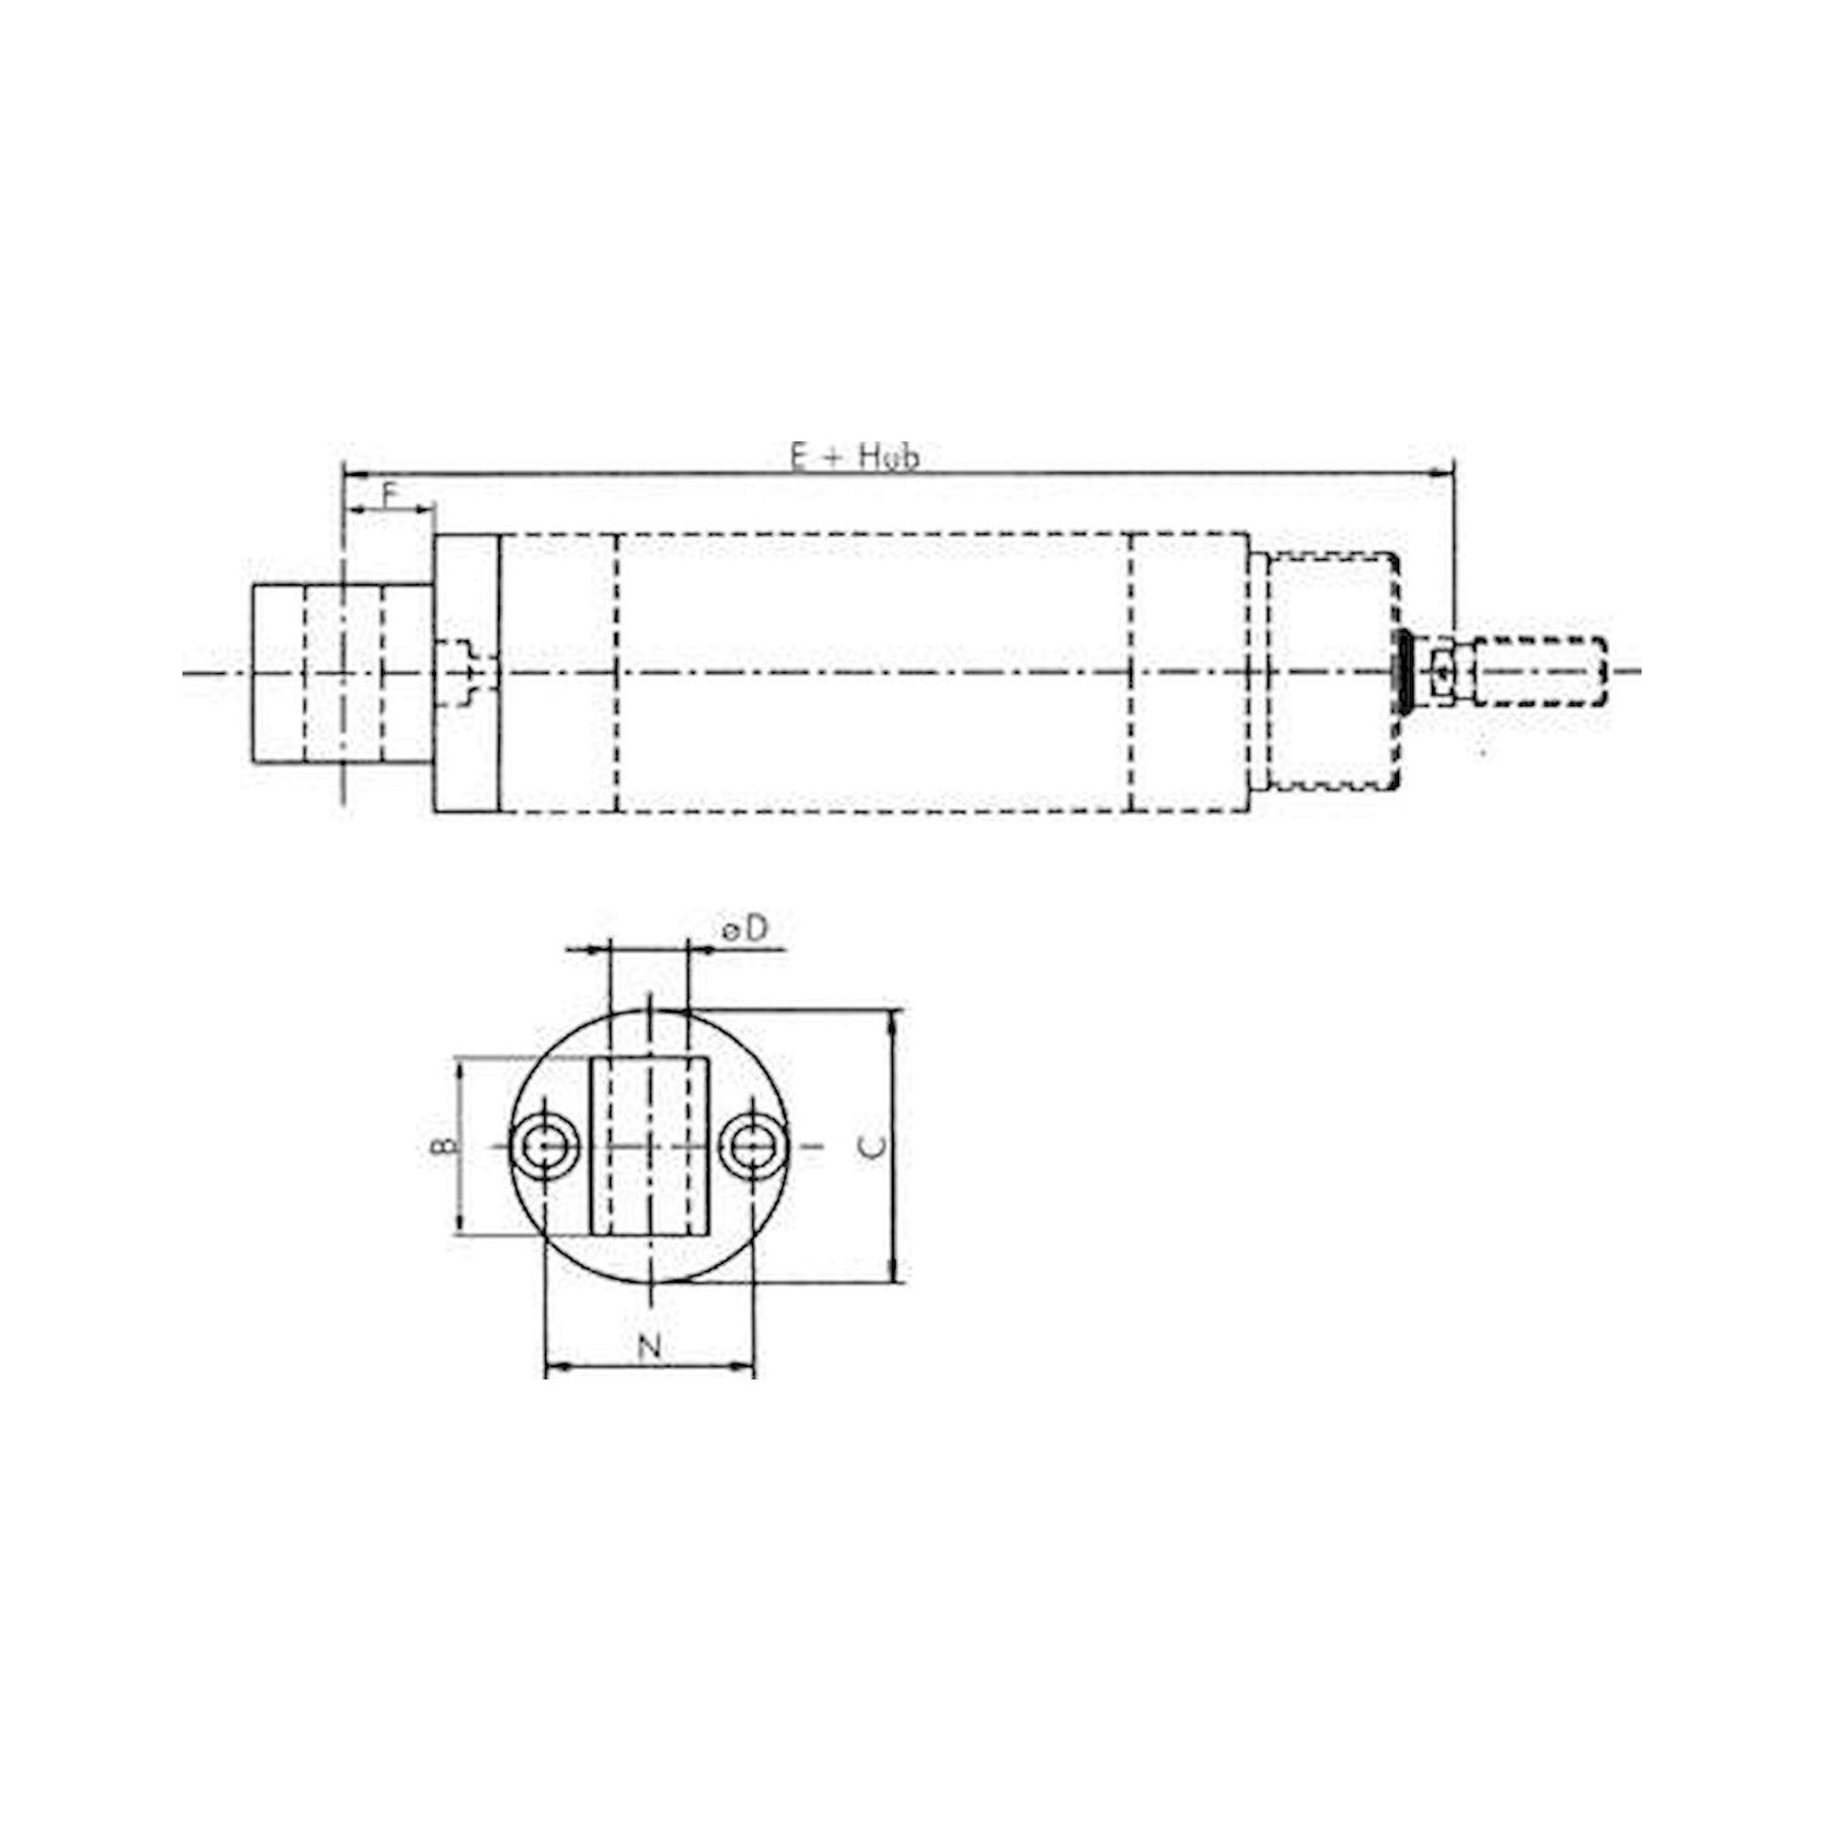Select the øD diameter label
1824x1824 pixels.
click(745, 929)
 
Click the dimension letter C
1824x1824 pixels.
click(876, 1146)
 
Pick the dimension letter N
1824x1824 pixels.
click(648, 1346)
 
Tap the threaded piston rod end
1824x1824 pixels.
click(1539, 671)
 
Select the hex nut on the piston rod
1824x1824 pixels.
click(1444, 671)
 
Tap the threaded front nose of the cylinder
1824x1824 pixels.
click(1332, 672)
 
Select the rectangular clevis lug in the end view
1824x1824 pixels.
click(648, 1146)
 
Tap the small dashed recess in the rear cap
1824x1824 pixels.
click(462, 672)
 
